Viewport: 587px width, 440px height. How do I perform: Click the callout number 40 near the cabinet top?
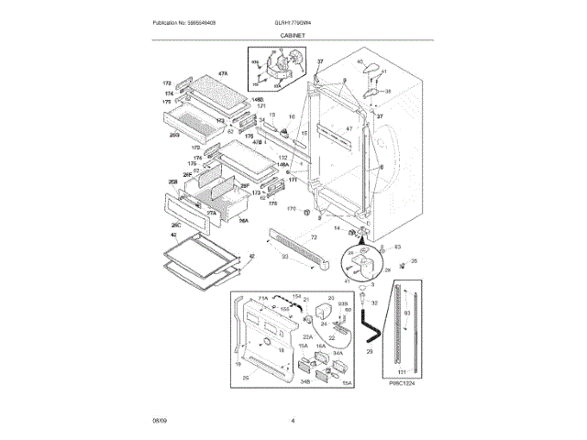(x=360, y=61)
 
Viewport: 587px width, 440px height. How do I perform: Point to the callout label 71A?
(x=262, y=299)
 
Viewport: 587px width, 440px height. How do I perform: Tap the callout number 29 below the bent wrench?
(x=370, y=350)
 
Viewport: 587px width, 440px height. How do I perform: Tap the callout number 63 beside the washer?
(x=397, y=247)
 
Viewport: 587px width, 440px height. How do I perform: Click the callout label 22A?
(x=307, y=336)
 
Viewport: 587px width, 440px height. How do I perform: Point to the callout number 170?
(x=292, y=210)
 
